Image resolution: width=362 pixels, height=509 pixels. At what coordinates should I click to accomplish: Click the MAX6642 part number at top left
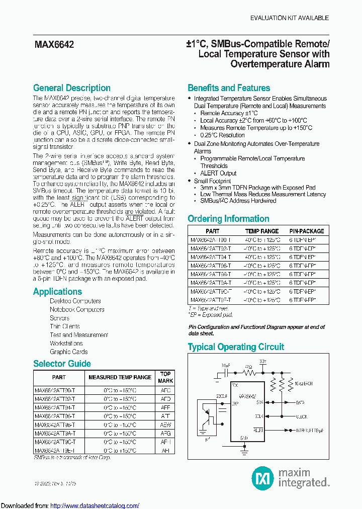pyautogui.click(x=54, y=45)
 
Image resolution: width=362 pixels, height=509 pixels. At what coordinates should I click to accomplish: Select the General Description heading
pyautogui.click(x=71, y=88)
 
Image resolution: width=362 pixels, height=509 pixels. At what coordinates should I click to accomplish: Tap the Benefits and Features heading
pyautogui.click(x=229, y=88)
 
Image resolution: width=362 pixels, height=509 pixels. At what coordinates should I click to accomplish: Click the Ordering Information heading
pyautogui.click(x=228, y=219)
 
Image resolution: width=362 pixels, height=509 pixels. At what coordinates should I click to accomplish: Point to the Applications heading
pyautogui.click(x=57, y=292)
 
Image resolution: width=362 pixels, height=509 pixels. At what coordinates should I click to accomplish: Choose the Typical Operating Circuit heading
pyautogui.click(x=235, y=347)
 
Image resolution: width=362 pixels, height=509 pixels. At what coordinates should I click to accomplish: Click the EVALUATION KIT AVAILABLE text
pyautogui.click(x=290, y=18)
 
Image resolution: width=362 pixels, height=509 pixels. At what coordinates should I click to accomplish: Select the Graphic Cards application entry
pyautogui.click(x=68, y=352)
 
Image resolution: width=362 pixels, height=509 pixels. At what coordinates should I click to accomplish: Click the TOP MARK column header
pyautogui.click(x=165, y=377)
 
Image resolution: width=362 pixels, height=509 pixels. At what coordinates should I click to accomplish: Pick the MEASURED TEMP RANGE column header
pyautogui.click(x=120, y=377)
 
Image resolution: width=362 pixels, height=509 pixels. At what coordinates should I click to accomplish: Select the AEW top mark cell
pyautogui.click(x=165, y=425)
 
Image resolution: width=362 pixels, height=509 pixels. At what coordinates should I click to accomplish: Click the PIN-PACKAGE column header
pyautogui.click(x=307, y=231)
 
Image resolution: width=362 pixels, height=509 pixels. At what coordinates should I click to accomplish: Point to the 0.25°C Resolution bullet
pyautogui.click(x=222, y=135)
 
